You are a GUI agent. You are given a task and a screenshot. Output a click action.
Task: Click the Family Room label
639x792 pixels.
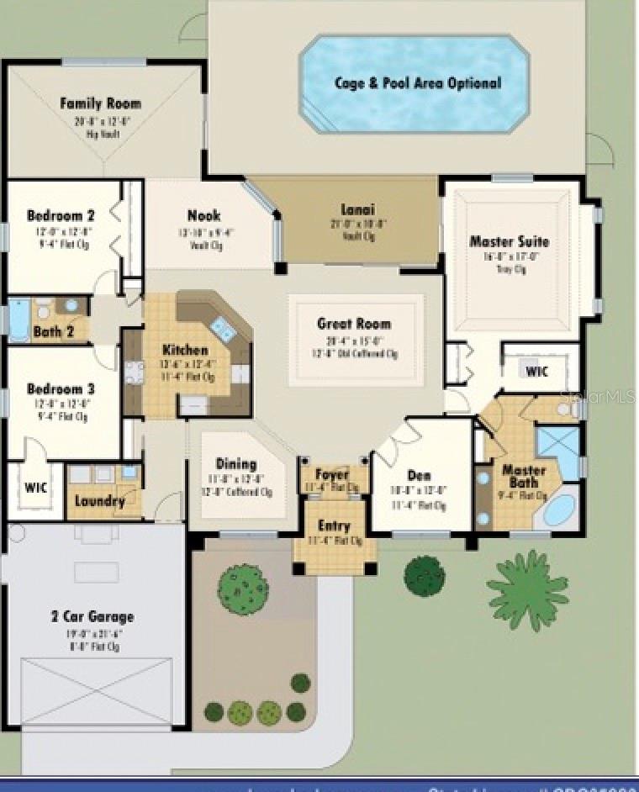100,103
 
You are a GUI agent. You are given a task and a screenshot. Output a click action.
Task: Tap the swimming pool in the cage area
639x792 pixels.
415,83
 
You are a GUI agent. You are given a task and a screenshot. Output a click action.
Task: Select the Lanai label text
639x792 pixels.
357,209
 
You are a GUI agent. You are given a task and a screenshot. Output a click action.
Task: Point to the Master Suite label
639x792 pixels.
509,241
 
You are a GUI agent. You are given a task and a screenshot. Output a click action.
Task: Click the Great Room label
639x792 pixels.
353,323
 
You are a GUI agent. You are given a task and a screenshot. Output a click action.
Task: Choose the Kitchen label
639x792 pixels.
185,350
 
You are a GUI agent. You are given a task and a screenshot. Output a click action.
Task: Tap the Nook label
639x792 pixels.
203,215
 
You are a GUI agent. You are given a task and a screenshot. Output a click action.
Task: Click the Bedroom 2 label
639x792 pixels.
60,215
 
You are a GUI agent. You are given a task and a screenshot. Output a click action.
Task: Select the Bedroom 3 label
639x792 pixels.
60,389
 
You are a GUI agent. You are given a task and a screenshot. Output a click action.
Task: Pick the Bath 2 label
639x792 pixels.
54,332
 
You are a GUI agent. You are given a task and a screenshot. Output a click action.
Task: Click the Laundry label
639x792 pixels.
100,501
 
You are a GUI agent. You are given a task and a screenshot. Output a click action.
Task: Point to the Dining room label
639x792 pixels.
236,463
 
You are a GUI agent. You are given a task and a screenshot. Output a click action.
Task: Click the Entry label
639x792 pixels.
334,525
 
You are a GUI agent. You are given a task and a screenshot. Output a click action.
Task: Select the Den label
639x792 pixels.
418,475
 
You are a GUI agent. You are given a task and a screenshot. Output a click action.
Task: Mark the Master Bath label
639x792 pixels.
524,476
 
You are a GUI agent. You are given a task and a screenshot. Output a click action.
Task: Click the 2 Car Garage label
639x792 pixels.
92,616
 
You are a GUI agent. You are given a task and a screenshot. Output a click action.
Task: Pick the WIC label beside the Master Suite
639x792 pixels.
536,371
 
